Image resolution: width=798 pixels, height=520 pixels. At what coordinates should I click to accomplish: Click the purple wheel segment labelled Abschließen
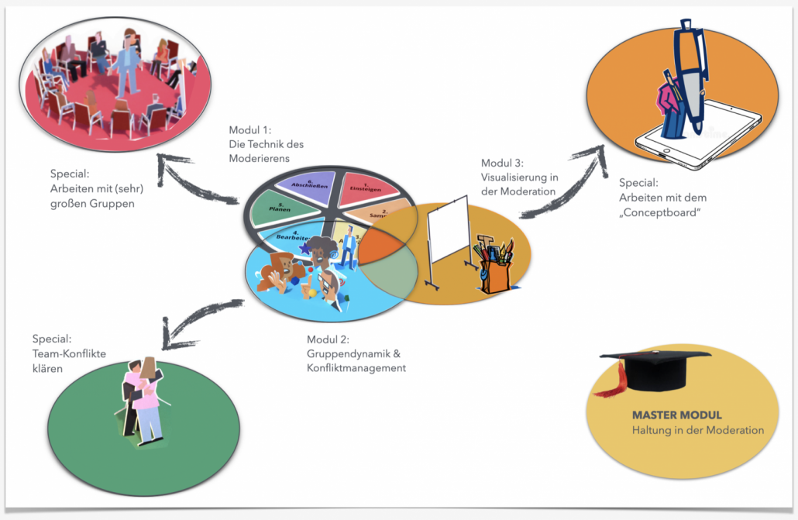click(302, 186)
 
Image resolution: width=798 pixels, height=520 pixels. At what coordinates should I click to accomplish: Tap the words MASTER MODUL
click(676, 415)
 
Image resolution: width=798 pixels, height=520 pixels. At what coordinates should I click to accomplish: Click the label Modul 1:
click(251, 129)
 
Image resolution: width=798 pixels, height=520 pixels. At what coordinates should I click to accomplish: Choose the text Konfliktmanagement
click(356, 368)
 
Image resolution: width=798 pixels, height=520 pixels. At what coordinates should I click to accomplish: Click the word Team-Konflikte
click(69, 353)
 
